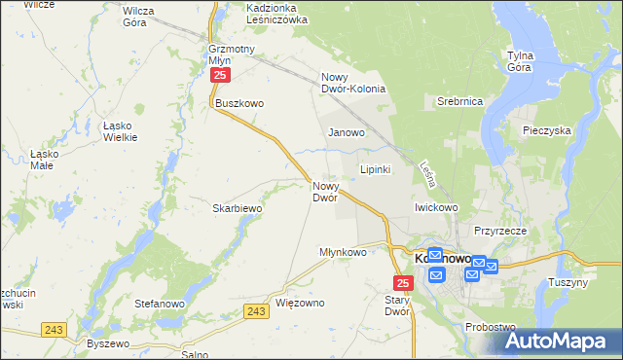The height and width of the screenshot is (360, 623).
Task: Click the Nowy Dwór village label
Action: point(325,191)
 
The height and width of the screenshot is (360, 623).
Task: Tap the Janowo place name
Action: point(347,132)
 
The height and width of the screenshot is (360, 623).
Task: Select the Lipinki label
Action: point(376,169)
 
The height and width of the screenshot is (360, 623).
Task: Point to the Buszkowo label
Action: point(240,103)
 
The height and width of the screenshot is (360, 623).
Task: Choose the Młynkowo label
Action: point(343,252)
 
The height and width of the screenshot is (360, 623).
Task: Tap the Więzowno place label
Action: point(300,303)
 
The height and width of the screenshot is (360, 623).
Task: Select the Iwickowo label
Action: point(436,207)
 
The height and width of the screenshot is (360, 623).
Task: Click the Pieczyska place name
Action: point(546,129)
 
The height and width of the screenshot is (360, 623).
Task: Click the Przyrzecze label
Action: point(500,231)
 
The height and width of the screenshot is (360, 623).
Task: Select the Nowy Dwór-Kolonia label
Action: point(353,84)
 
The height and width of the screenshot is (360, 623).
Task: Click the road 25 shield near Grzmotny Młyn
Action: point(222,74)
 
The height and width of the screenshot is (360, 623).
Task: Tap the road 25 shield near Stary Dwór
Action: point(405,282)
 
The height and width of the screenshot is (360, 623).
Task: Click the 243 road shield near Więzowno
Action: point(256,310)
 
